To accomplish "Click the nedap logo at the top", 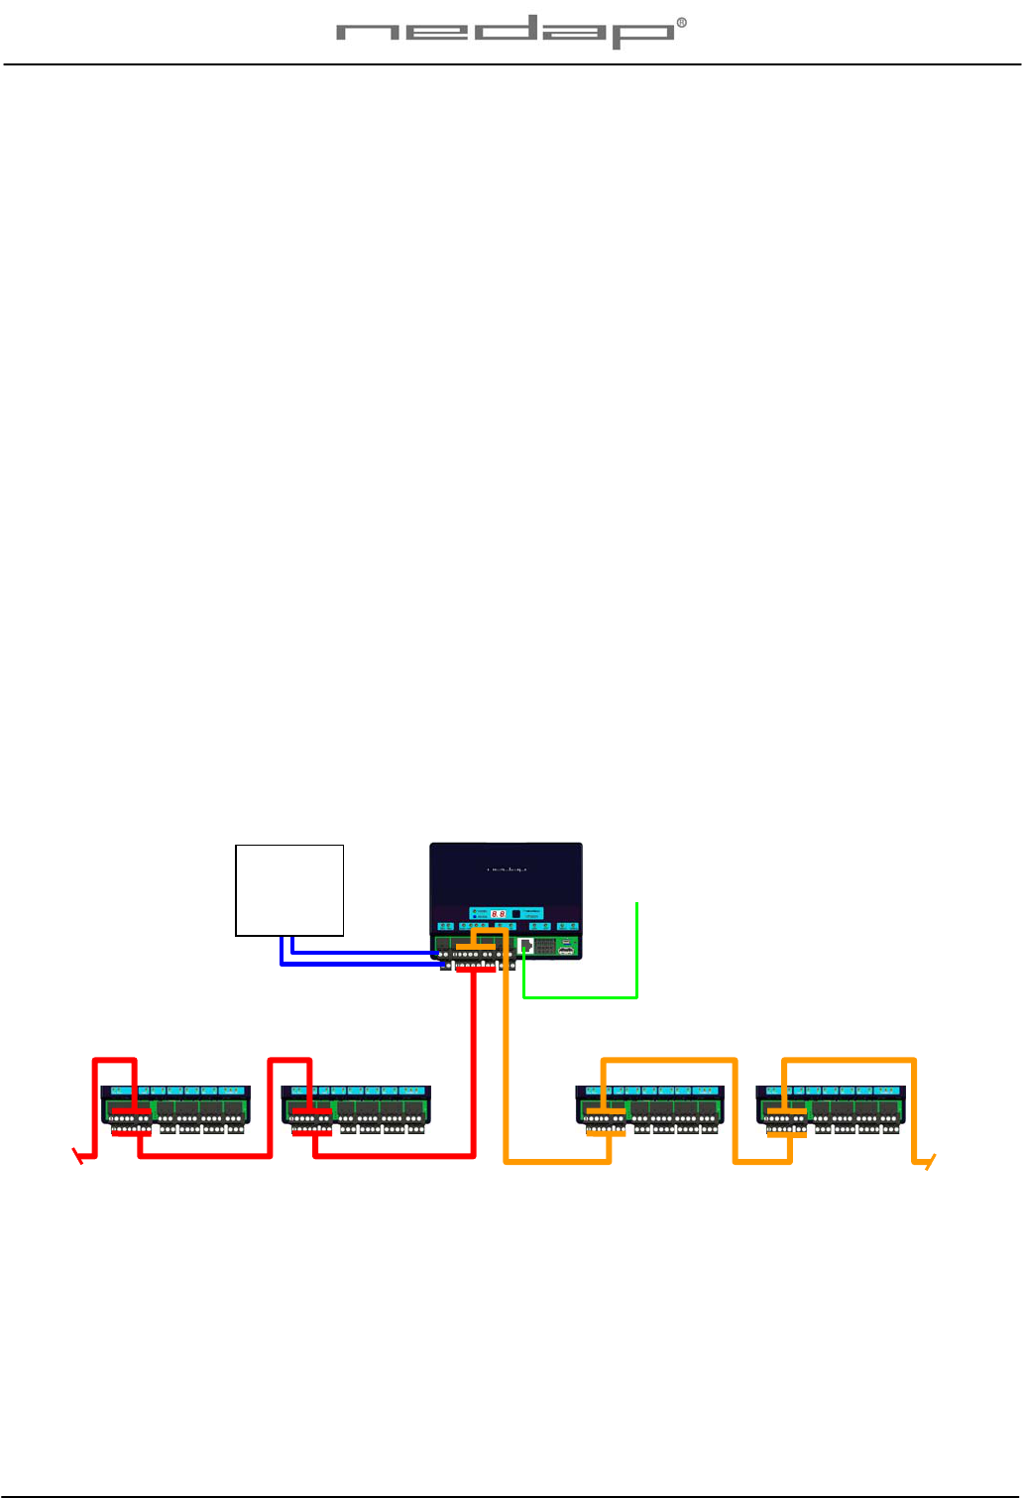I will pyautogui.click(x=506, y=34).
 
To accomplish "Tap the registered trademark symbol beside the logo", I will pyautogui.click(x=681, y=24).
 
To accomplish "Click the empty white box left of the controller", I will pyautogui.click(x=289, y=889).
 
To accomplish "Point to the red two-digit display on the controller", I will pyautogui.click(x=499, y=913).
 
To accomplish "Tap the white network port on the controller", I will pyautogui.click(x=526, y=946).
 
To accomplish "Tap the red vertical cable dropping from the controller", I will pyautogui.click(x=474, y=1061).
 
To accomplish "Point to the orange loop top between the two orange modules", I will pyautogui.click(x=669, y=1061).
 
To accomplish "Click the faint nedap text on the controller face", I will pyautogui.click(x=506, y=869).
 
